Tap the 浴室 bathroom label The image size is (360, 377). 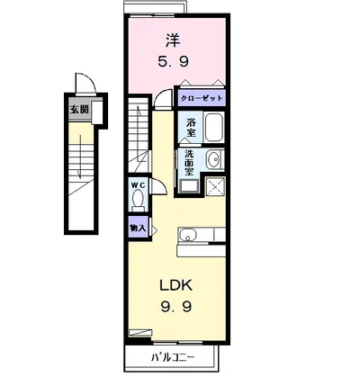coord(191,128)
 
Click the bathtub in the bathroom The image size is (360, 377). coord(213,128)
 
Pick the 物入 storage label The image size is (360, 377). coord(138,229)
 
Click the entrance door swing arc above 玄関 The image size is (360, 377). coord(84,86)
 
